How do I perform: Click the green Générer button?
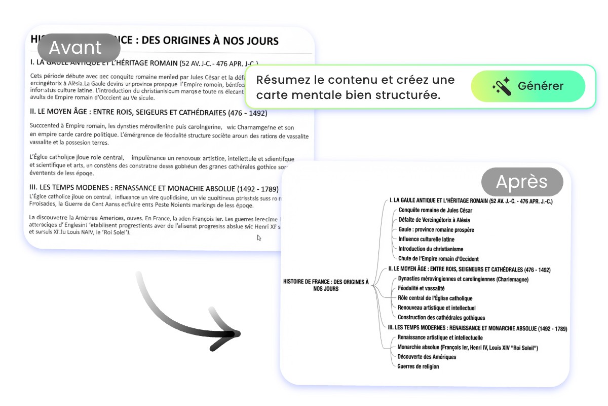pyautogui.click(x=528, y=86)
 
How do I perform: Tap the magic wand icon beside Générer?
pyautogui.click(x=501, y=87)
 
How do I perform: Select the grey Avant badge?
pyautogui.click(x=79, y=48)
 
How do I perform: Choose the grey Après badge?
pyautogui.click(x=522, y=182)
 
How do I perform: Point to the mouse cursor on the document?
pyautogui.click(x=259, y=238)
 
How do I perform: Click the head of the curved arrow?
pyautogui.click(x=228, y=335)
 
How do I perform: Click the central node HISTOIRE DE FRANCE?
pyautogui.click(x=326, y=285)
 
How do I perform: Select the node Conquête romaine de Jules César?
pyautogui.click(x=435, y=210)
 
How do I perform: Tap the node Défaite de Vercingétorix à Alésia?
pyautogui.click(x=434, y=220)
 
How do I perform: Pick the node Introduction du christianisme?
pyautogui.click(x=431, y=249)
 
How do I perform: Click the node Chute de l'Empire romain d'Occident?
pyautogui.click(x=438, y=259)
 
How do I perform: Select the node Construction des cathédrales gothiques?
pyautogui.click(x=441, y=318)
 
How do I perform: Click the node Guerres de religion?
pyautogui.click(x=418, y=366)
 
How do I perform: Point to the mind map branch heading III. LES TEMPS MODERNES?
pyautogui.click(x=477, y=328)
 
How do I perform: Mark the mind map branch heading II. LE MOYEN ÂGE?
pyautogui.click(x=469, y=269)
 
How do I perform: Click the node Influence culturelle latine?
pyautogui.click(x=426, y=239)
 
